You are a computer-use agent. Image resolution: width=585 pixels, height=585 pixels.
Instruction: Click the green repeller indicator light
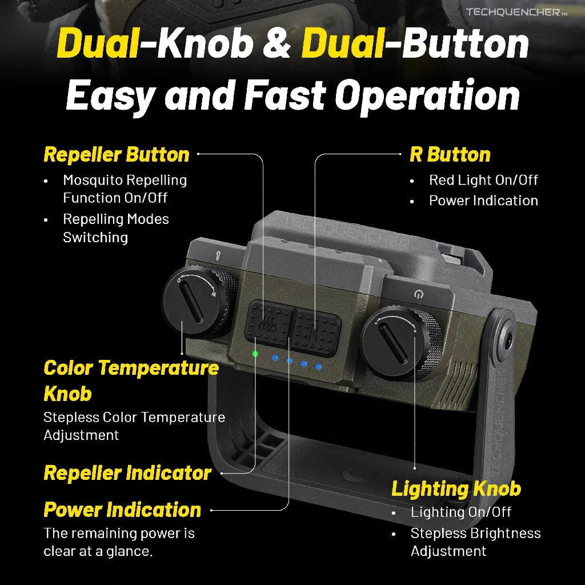255,354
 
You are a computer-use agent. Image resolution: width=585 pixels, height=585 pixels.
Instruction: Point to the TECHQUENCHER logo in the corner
512,12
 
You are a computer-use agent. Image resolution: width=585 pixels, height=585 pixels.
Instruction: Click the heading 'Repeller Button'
117,154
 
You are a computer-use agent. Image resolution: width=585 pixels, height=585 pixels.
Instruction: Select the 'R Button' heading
450,154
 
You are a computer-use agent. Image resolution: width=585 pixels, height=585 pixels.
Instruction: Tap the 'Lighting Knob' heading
456,488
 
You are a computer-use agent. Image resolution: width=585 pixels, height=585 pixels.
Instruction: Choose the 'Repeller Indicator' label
127,473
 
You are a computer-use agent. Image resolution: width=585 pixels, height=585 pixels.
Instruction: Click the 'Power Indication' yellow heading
122,510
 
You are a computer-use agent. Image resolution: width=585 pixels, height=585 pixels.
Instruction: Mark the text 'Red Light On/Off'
483,180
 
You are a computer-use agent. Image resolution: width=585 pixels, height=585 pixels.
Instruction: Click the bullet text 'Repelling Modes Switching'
116,228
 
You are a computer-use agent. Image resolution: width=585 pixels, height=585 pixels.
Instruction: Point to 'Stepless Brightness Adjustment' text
475,542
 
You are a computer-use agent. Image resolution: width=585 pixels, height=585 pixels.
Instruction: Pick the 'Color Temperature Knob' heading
131,380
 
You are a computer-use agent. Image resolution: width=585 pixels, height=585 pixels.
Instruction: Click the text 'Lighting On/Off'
461,512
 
